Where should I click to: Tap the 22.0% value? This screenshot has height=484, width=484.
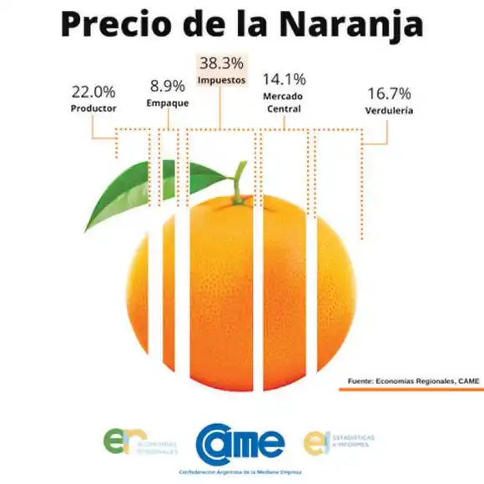point(93,91)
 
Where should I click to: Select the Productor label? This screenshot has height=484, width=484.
point(93,108)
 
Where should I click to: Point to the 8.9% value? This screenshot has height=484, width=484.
point(168,86)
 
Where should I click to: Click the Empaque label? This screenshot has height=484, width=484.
point(168,103)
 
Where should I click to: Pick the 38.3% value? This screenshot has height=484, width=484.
point(221,63)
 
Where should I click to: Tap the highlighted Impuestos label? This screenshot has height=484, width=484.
point(221,80)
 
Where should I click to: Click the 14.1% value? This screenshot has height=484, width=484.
point(284,79)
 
